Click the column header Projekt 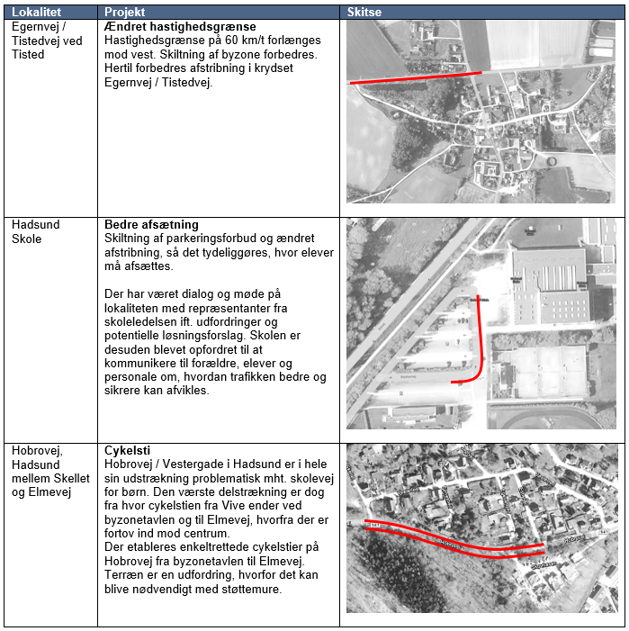click(x=124, y=12)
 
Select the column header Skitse click(x=364, y=12)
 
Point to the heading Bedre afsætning click(x=151, y=224)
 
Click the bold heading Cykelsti click(x=126, y=450)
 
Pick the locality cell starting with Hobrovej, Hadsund click(x=50, y=471)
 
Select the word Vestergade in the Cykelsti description click(x=195, y=463)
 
